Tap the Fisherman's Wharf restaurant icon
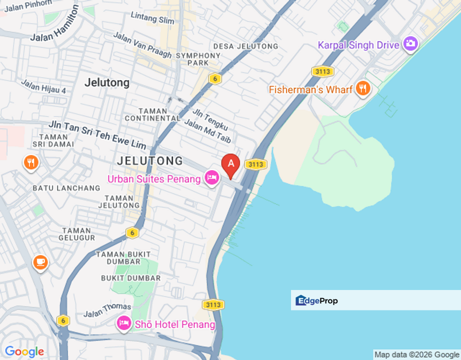click(x=362, y=89)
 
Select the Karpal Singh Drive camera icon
click(x=410, y=44)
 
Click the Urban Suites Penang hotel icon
click(x=211, y=177)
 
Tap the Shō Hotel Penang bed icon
click(x=123, y=323)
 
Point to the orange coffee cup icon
click(x=40, y=262)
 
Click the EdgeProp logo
click(x=316, y=300)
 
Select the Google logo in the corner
click(x=24, y=352)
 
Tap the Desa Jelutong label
click(x=245, y=46)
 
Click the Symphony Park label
click(x=198, y=58)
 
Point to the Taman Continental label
click(x=152, y=114)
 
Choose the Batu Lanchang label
click(x=66, y=188)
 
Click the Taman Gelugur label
click(x=76, y=234)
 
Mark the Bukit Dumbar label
click(x=131, y=278)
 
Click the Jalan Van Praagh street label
click(x=142, y=45)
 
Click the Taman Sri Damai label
click(x=53, y=140)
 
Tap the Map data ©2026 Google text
click(x=416, y=354)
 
